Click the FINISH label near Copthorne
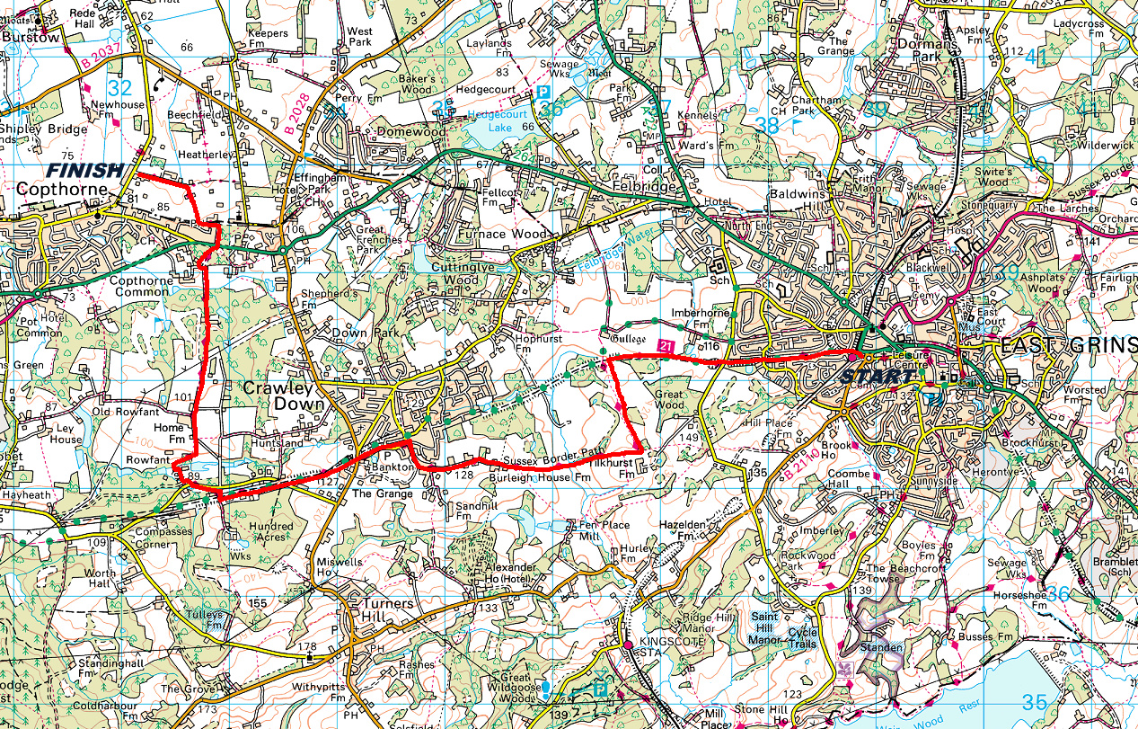[x=84, y=171]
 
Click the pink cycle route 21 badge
[x=666, y=345]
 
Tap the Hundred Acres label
[x=271, y=532]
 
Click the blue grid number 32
[x=119, y=88]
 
